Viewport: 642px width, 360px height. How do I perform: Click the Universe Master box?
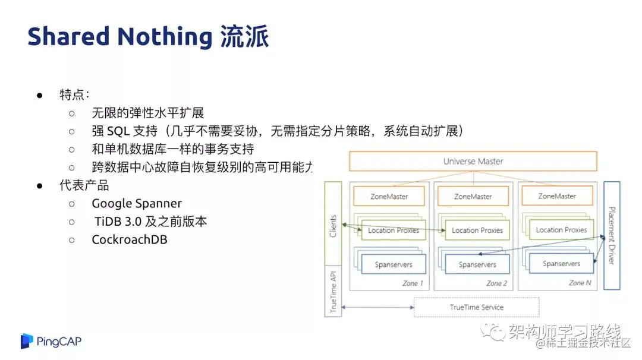473,162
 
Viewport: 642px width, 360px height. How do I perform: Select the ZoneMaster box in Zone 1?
389,197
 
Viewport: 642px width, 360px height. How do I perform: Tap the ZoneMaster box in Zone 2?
473,197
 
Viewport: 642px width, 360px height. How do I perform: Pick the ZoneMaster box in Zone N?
557,196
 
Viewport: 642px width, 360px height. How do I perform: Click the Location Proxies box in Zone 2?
477,230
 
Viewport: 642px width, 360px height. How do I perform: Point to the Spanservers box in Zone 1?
394,265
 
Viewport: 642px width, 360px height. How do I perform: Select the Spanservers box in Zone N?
561,264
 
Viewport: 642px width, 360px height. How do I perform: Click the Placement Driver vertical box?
612,235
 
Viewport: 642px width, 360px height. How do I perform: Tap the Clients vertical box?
333,226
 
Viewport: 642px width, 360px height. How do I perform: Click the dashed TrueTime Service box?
476,307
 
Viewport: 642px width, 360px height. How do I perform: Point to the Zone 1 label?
413,283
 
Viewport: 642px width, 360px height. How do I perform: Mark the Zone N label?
580,283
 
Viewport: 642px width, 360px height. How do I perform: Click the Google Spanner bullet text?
137,203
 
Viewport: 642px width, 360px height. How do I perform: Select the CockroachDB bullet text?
130,240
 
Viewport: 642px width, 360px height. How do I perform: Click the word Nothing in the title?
164,37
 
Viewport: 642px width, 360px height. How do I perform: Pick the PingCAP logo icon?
27,341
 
